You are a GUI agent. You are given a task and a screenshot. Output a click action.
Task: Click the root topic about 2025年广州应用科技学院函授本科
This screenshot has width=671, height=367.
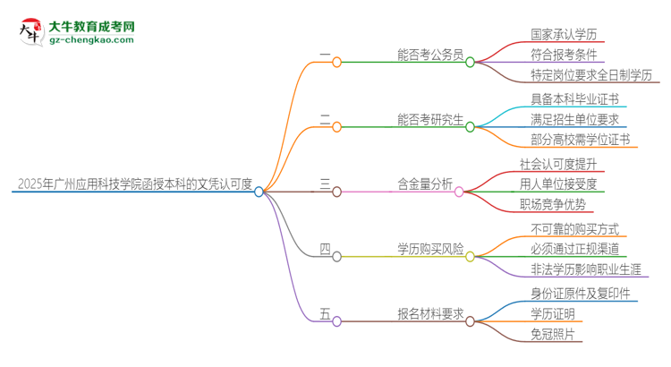[x=134, y=185]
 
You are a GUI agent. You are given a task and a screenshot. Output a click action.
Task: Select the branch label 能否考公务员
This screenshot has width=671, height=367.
[x=430, y=55]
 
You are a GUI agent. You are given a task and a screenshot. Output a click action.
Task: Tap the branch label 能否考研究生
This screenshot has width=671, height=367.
[x=430, y=120]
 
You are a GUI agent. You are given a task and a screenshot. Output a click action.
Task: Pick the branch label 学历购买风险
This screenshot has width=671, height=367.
[x=430, y=249]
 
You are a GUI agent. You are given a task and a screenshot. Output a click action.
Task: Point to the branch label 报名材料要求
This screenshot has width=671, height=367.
[x=430, y=313]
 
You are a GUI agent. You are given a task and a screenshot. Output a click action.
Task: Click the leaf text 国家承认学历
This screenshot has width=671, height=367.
[x=564, y=35]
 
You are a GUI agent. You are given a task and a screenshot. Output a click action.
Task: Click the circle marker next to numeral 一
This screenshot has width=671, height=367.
[x=336, y=62]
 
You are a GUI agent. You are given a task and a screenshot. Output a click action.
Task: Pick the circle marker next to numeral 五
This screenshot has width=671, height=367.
[x=336, y=320]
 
